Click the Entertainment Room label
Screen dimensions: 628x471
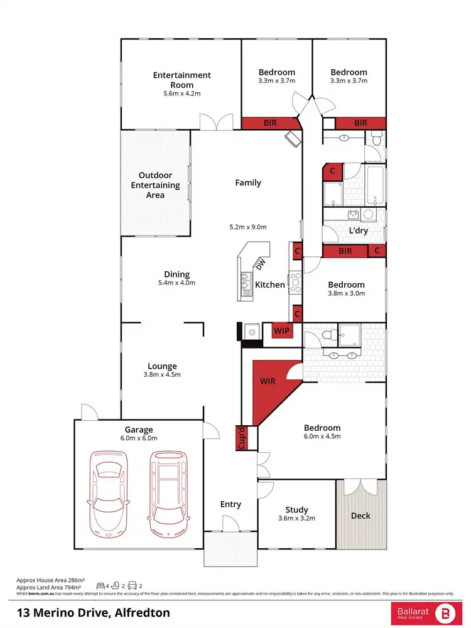click(182, 80)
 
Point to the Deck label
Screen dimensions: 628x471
click(360, 516)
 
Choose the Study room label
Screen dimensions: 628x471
click(296, 510)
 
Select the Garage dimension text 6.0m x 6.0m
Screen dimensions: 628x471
click(139, 438)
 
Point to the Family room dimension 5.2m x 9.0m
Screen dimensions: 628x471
click(248, 227)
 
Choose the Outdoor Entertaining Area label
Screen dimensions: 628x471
click(155, 185)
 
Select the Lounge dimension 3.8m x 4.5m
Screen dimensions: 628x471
click(162, 375)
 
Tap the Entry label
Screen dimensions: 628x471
click(230, 504)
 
